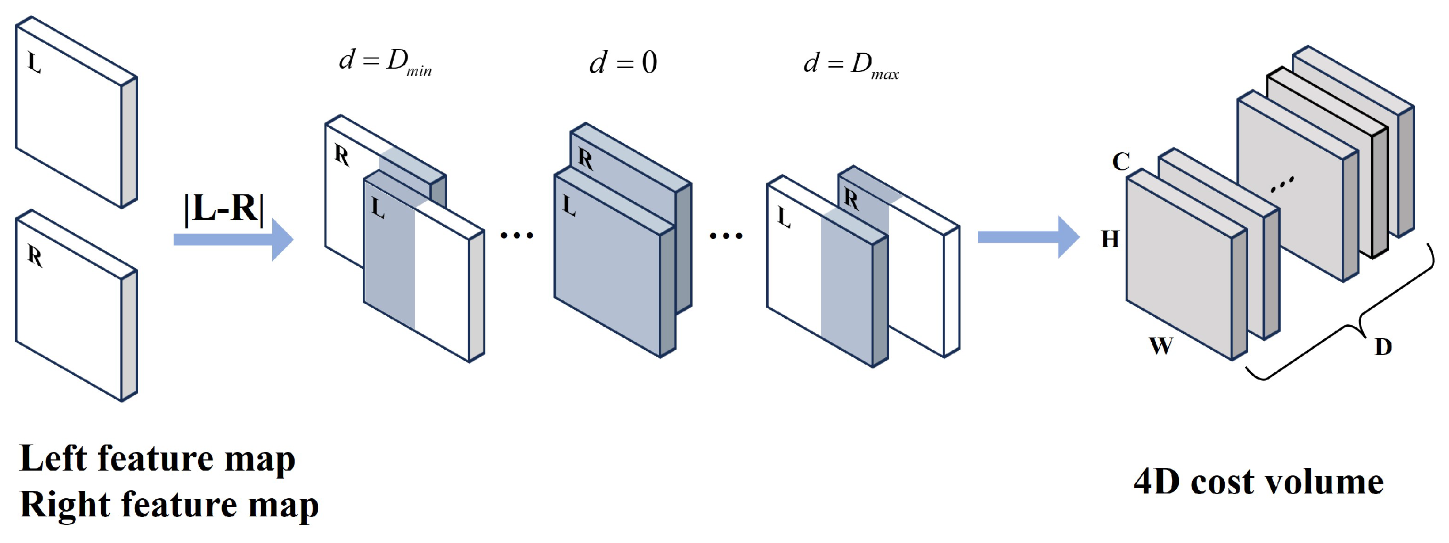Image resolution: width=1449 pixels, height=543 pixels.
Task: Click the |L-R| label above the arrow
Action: point(224,209)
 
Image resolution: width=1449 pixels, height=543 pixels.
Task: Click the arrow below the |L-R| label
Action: point(233,240)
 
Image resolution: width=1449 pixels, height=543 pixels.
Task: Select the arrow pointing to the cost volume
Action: point(1029,237)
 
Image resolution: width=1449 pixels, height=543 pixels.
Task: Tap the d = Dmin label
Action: point(385,62)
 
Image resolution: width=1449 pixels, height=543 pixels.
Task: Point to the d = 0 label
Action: point(623,62)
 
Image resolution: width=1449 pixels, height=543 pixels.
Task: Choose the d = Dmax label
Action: point(851,65)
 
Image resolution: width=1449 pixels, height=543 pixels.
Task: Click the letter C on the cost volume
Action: point(1121,161)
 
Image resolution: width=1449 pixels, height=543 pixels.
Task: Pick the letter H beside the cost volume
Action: point(1110,239)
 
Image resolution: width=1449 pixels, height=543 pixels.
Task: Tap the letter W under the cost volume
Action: point(1161,345)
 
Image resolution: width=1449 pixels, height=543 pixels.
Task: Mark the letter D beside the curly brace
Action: point(1383,347)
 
